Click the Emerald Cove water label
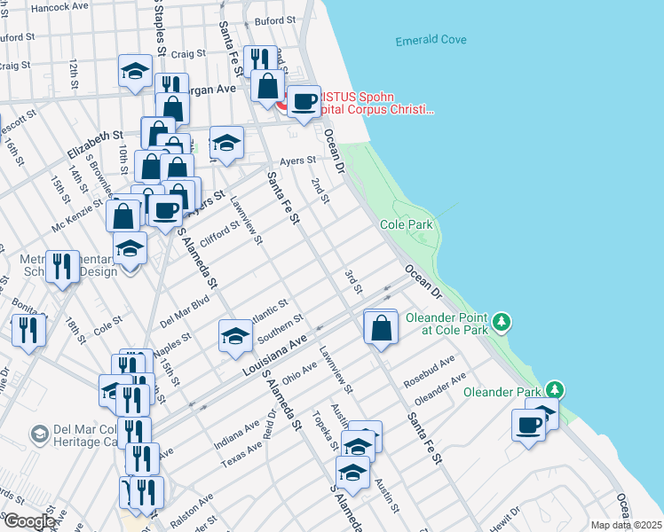tap(431, 41)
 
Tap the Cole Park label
tap(407, 224)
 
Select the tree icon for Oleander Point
tap(502, 319)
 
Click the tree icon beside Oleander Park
tap(555, 389)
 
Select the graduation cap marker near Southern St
tap(235, 335)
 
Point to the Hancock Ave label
tap(59, 6)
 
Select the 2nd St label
tap(320, 191)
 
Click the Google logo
tap(29, 521)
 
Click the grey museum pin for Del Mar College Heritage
tap(39, 434)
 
